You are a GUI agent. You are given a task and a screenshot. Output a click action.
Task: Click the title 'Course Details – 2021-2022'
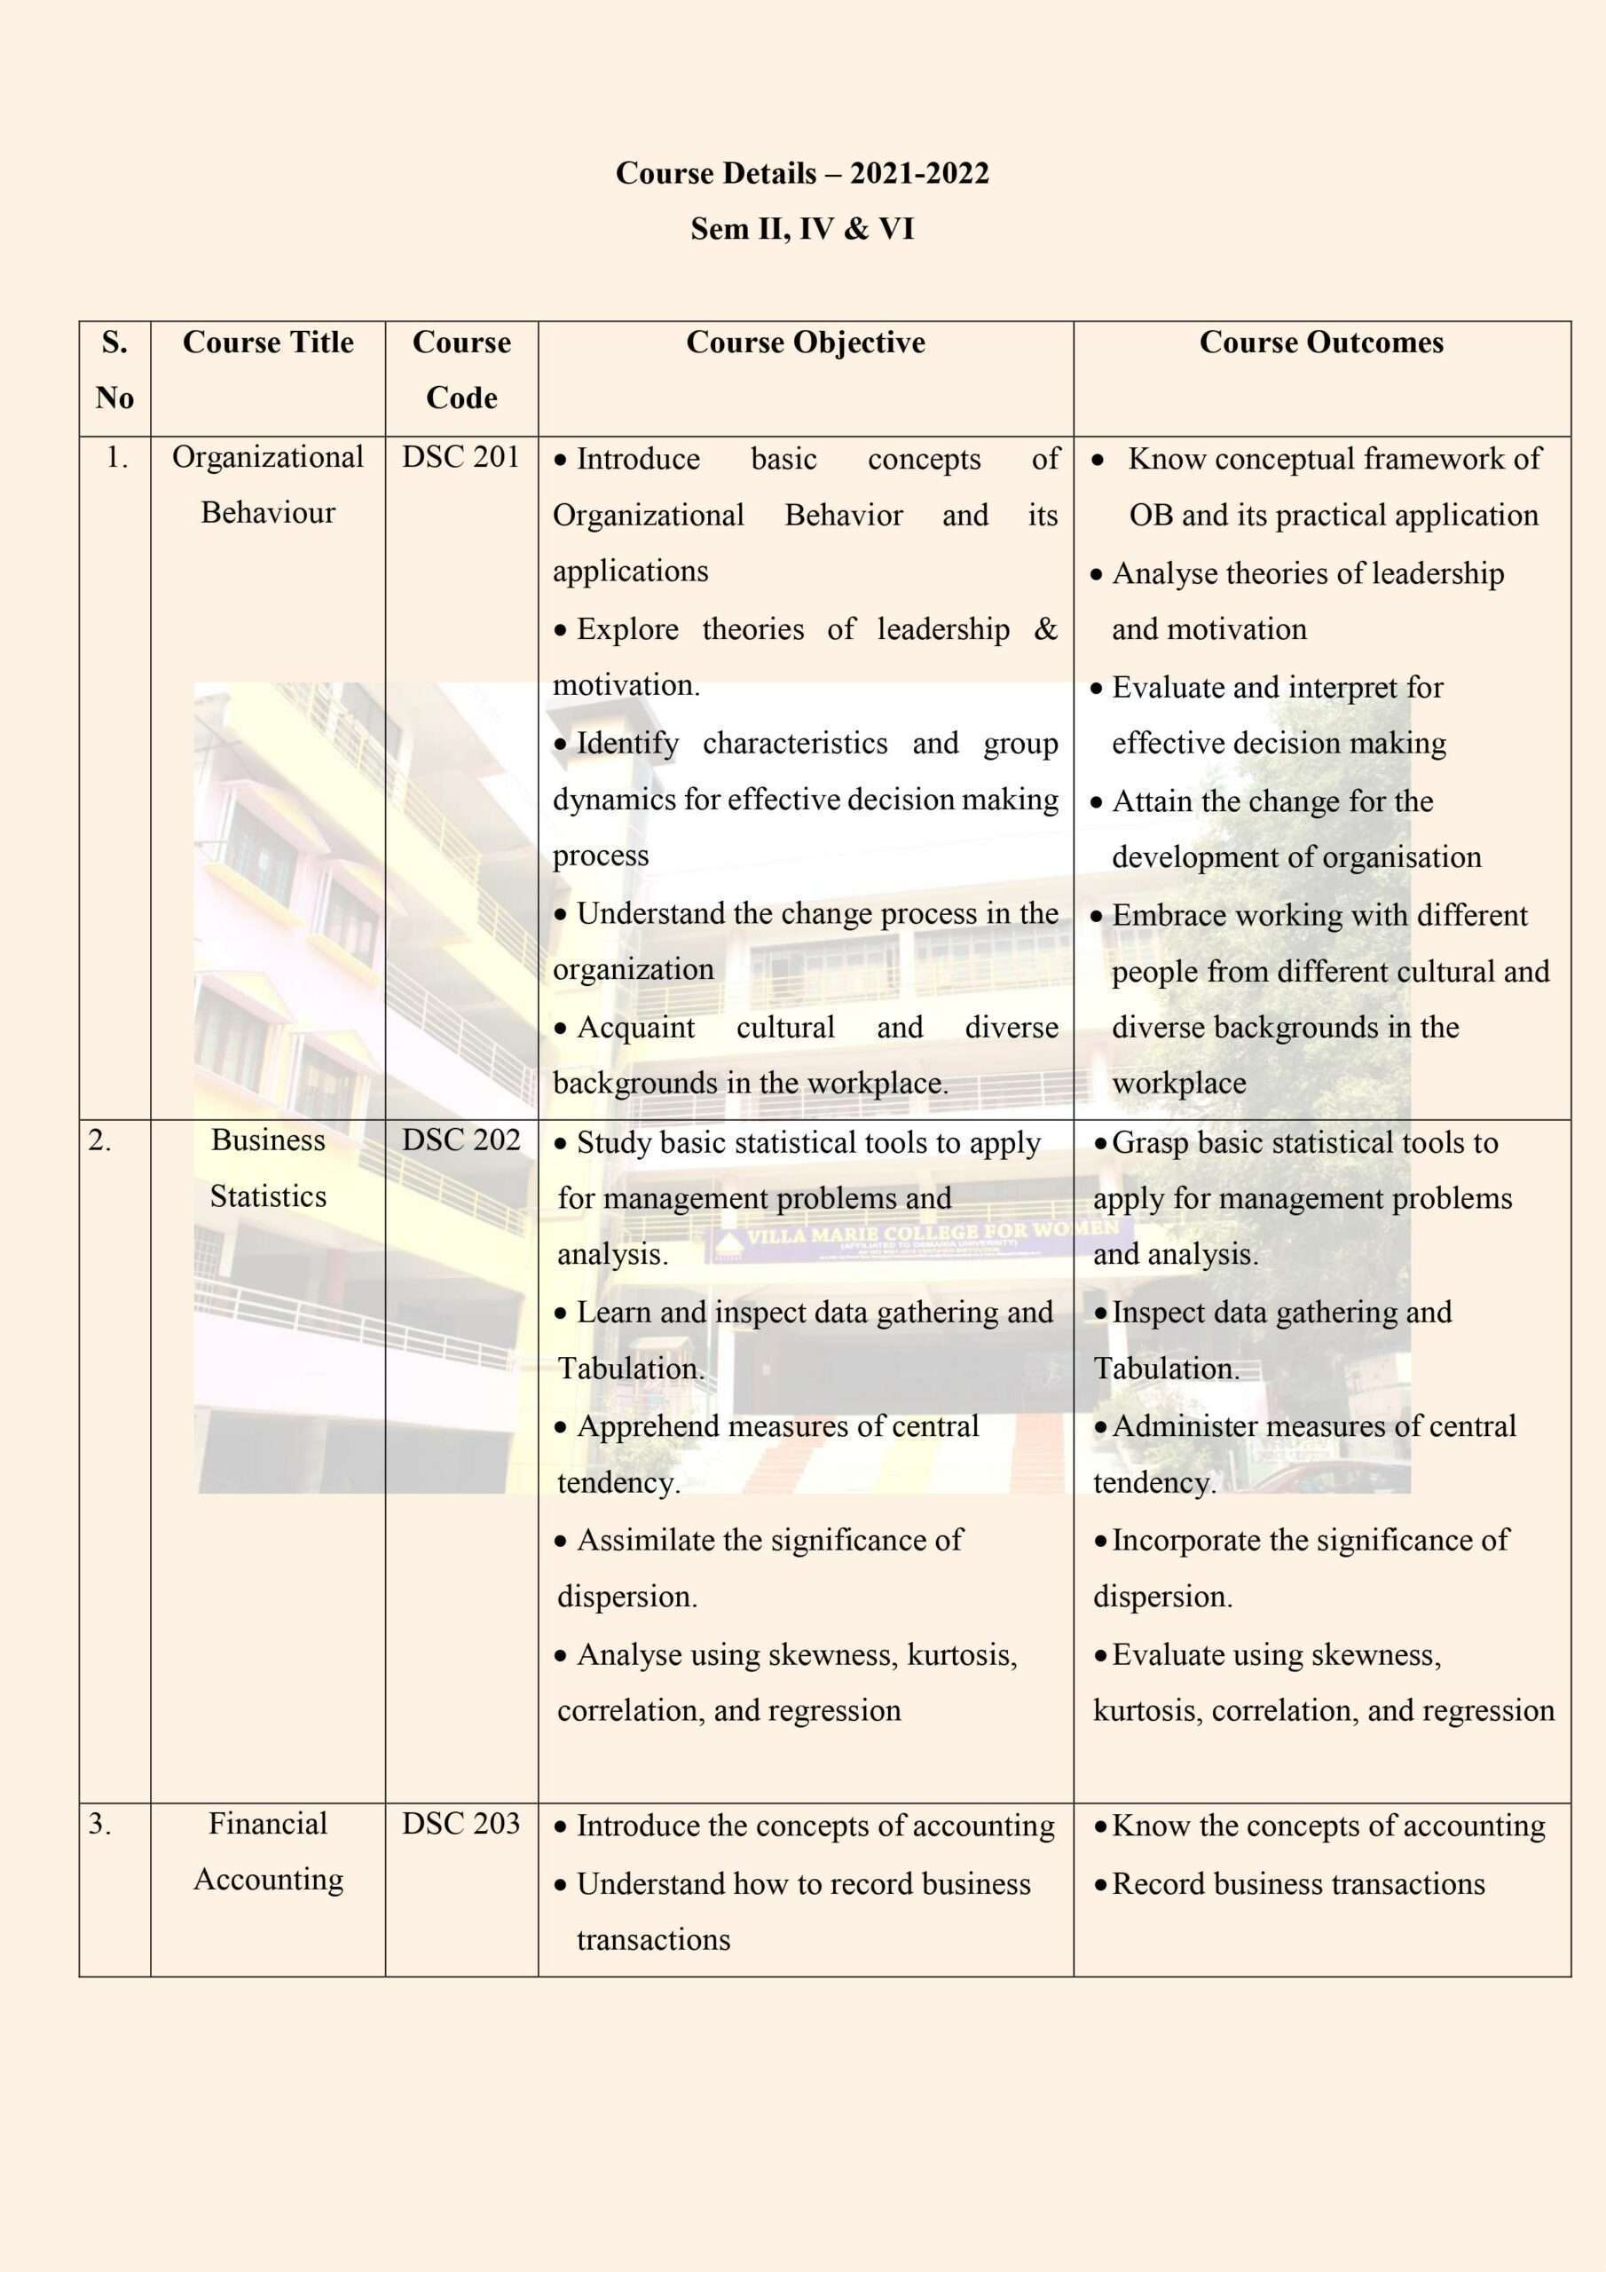tap(801, 173)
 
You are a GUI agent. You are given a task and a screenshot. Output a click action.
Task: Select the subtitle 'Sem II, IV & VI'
tap(801, 229)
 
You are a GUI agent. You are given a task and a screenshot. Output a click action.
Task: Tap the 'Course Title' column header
tap(268, 343)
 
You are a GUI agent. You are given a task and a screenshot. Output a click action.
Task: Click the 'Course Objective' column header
tap(806, 343)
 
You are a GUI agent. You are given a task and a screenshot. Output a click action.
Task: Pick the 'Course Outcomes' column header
tap(1321, 343)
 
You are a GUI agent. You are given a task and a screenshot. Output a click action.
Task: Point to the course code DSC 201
tap(461, 457)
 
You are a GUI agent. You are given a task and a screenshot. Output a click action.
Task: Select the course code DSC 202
tap(461, 1140)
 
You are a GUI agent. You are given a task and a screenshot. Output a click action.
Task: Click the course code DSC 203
tap(461, 1824)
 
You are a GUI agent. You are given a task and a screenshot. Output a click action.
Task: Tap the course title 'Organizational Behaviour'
tap(268, 485)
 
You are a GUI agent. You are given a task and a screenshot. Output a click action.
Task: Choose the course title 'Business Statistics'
tap(268, 1168)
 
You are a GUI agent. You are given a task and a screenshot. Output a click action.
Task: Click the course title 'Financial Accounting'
tap(268, 1851)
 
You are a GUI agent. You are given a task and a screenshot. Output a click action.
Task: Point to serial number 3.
tap(99, 1824)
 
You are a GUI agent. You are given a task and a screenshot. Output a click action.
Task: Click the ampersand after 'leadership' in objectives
tap(1045, 629)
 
